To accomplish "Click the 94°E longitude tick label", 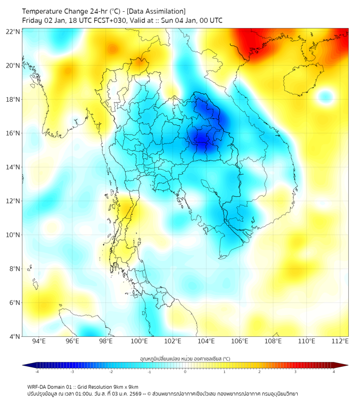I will pyautogui.click(x=39, y=341).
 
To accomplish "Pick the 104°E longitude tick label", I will pyautogui.click(x=206, y=341).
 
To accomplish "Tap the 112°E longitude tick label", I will pyautogui.click(x=340, y=341).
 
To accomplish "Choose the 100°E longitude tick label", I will pyautogui.click(x=139, y=341).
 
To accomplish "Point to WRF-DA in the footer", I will pyautogui.click(x=38, y=386).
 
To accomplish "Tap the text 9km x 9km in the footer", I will pyautogui.click(x=125, y=386).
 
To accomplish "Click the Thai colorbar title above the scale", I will pyautogui.click(x=185, y=359).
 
